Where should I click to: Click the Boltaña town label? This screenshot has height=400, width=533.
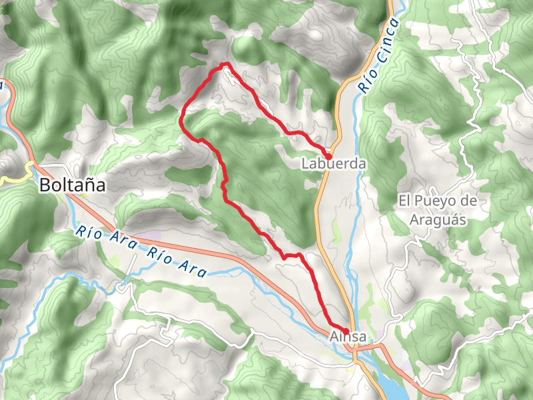[73, 185]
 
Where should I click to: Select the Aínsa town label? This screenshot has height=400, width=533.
[348, 337]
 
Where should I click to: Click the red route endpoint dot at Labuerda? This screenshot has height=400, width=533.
[328, 156]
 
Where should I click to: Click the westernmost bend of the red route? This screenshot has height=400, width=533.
[181, 119]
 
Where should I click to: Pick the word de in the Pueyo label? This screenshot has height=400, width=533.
[470, 201]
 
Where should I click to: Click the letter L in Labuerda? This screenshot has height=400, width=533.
[305, 163]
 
